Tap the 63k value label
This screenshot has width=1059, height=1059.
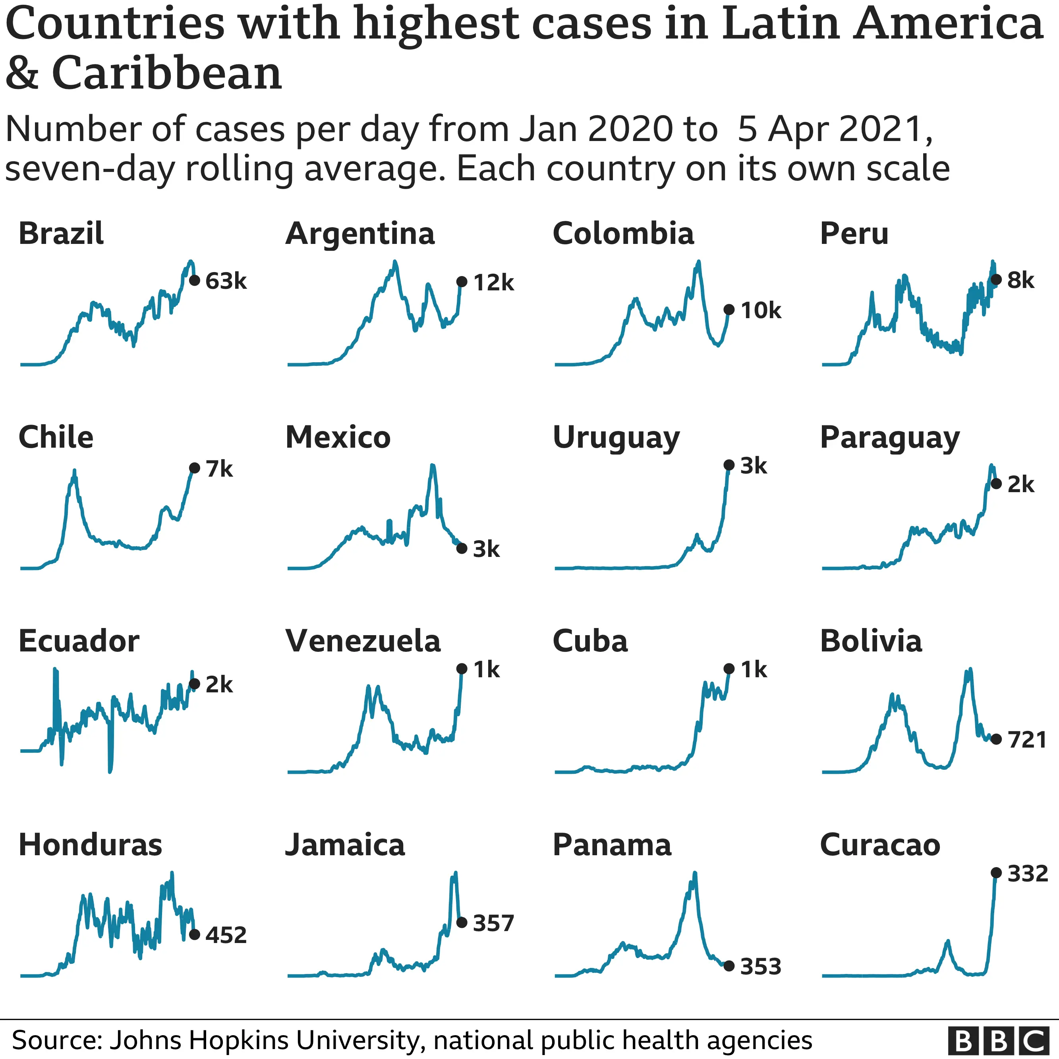coord(226,281)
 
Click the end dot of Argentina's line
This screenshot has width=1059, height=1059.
coord(462,282)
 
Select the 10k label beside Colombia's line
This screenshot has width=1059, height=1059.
coord(760,311)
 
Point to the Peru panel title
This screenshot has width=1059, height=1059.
coord(854,234)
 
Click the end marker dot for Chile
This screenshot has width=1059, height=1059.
coord(194,468)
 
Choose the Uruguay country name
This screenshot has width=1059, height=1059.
coord(616,438)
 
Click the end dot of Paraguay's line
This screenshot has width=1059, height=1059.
coord(996,483)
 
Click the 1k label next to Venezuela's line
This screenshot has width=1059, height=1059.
coord(486,669)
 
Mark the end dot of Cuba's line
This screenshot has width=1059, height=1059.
coord(729,669)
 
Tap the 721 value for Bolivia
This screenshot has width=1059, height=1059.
coord(1027,740)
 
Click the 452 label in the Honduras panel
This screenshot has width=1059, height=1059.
coord(226,935)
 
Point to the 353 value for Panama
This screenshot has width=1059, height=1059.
coord(760,966)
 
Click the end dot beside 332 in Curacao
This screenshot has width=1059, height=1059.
coord(996,873)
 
